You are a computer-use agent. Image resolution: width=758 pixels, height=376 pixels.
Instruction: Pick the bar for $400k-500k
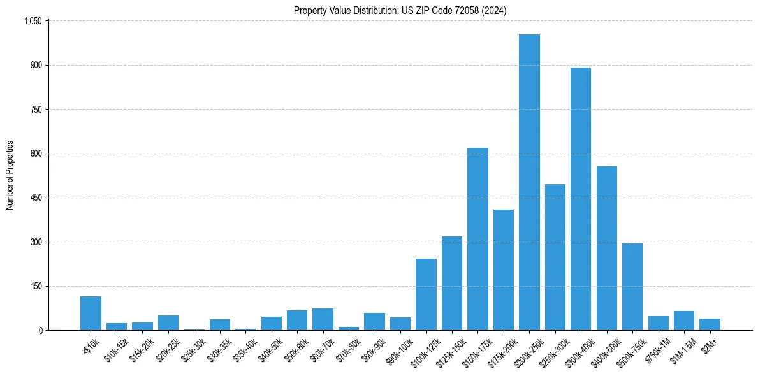coord(606,249)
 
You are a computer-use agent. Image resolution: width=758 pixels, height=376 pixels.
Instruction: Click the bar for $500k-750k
coord(632,287)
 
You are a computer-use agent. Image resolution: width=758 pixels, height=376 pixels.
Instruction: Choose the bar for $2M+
coord(710,324)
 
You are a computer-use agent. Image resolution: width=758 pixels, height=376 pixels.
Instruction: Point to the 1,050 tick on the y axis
coord(33,21)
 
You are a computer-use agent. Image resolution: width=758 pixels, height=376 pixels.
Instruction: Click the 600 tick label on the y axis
coord(36,154)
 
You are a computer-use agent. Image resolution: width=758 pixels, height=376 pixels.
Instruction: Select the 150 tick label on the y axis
coord(36,286)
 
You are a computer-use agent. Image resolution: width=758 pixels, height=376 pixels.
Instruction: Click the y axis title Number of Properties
coord(10,175)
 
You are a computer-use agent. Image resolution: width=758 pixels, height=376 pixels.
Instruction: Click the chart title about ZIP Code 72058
coord(400,10)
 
